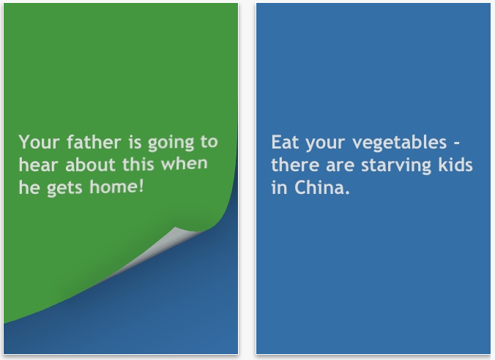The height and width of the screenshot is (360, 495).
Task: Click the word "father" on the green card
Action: tap(94, 142)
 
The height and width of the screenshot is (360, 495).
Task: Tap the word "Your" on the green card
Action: tap(39, 142)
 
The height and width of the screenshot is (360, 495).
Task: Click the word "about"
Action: tap(90, 165)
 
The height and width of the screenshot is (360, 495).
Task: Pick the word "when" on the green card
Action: tap(184, 163)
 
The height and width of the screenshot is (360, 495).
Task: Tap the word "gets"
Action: tap(64, 188)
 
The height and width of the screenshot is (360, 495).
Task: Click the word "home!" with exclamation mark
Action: tap(116, 186)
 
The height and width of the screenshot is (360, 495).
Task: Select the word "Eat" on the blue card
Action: tap(285, 142)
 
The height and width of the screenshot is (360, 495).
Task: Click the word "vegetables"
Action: tap(399, 143)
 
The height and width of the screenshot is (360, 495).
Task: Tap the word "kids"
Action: tap(455, 165)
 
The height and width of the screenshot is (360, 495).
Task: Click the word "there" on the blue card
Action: tap(295, 165)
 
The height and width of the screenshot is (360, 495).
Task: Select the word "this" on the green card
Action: tap(138, 164)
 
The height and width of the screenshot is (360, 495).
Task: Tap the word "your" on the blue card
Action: tap(325, 144)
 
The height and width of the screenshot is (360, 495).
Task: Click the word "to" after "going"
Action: tap(209, 142)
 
